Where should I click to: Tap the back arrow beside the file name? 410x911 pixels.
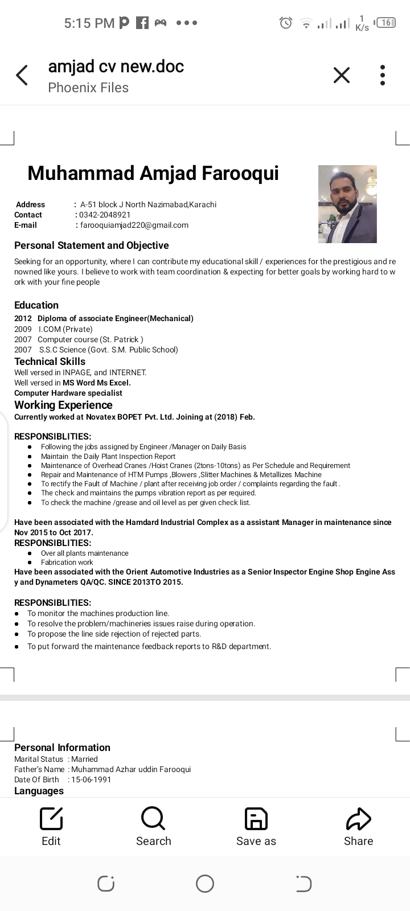pyautogui.click(x=22, y=75)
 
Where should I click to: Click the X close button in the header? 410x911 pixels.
pyautogui.click(x=341, y=75)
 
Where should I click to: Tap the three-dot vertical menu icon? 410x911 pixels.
pyautogui.click(x=383, y=75)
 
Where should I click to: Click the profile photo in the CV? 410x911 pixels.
pyautogui.click(x=347, y=204)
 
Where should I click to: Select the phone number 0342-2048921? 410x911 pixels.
pyautogui.click(x=105, y=215)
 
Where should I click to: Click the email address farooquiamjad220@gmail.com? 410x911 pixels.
pyautogui.click(x=134, y=225)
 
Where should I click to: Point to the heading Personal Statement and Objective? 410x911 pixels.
pyautogui.click(x=92, y=245)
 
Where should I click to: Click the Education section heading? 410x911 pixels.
pyautogui.click(x=36, y=305)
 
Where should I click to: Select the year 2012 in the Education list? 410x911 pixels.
pyautogui.click(x=23, y=318)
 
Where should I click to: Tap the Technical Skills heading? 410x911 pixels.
pyautogui.click(x=50, y=362)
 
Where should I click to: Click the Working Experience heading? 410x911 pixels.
pyautogui.click(x=63, y=405)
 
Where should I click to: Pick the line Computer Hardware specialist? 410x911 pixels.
pyautogui.click(x=68, y=393)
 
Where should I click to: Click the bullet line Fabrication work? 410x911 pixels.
pyautogui.click(x=67, y=562)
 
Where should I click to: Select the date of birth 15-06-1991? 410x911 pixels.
pyautogui.click(x=91, y=779)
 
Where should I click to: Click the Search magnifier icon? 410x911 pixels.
pyautogui.click(x=153, y=819)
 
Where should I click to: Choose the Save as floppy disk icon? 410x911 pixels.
pyautogui.click(x=256, y=819)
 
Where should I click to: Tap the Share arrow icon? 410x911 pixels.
pyautogui.click(x=358, y=819)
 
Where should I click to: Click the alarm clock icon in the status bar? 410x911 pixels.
pyautogui.click(x=285, y=23)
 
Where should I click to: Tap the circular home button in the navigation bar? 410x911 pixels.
pyautogui.click(x=205, y=884)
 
